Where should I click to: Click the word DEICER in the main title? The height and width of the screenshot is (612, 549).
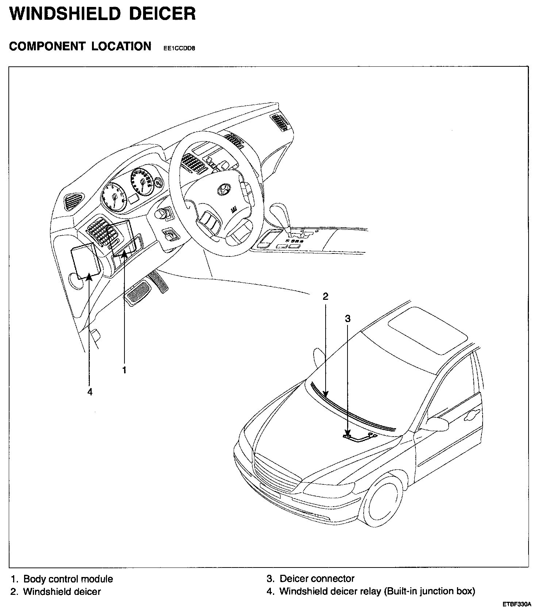163,14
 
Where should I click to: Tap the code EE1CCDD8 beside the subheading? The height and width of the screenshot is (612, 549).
177,48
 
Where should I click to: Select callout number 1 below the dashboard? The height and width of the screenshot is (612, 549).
124,370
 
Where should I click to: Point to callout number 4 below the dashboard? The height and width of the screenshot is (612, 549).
90,392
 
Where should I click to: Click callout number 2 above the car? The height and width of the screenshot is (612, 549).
325,296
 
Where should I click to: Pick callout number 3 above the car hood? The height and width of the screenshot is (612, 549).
348,319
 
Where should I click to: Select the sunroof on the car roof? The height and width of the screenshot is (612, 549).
427,330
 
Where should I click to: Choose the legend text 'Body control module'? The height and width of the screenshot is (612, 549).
68,579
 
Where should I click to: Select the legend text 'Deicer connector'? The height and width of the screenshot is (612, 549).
317,578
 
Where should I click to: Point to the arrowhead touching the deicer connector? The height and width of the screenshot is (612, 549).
348,434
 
